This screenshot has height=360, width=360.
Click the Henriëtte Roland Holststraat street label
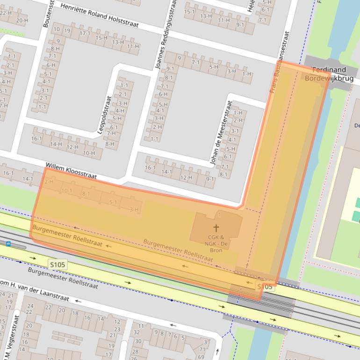point(100,15)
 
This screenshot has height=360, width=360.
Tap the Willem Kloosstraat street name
point(71,171)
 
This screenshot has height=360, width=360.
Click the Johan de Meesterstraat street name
point(222,133)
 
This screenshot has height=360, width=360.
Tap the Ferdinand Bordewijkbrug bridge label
point(329,74)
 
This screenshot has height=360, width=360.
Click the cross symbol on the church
point(216,228)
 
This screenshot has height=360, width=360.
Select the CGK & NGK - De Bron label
point(216,244)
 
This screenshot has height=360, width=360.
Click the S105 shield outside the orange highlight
point(58,265)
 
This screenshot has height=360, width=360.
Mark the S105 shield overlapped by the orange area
point(265,287)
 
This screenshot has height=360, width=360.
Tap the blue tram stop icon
point(8,244)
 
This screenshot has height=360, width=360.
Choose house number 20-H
point(22,21)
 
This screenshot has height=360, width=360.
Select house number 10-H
point(89,153)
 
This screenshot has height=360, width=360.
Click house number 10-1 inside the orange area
point(66,191)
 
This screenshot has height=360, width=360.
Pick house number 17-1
point(85,34)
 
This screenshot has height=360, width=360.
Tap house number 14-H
point(56,144)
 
